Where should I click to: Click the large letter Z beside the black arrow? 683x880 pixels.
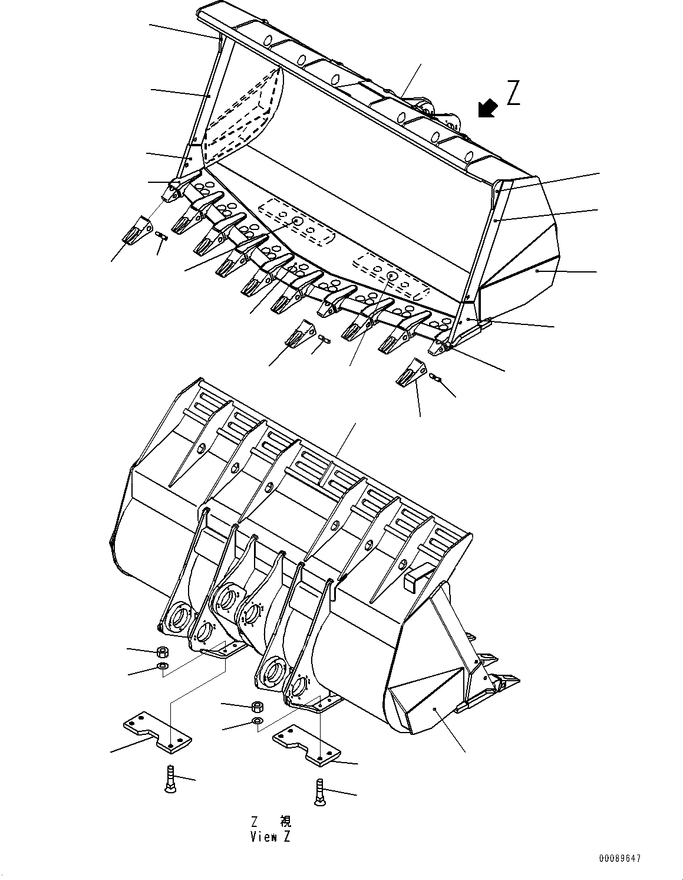coord(513,93)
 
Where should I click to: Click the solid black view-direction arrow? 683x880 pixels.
coord(487,109)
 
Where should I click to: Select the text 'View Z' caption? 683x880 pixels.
coord(270,836)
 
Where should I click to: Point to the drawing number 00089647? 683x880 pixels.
coord(619,859)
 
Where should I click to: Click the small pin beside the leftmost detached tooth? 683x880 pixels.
coord(162,237)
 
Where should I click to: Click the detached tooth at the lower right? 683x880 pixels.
coord(413,370)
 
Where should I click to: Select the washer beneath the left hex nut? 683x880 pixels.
coord(163,666)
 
